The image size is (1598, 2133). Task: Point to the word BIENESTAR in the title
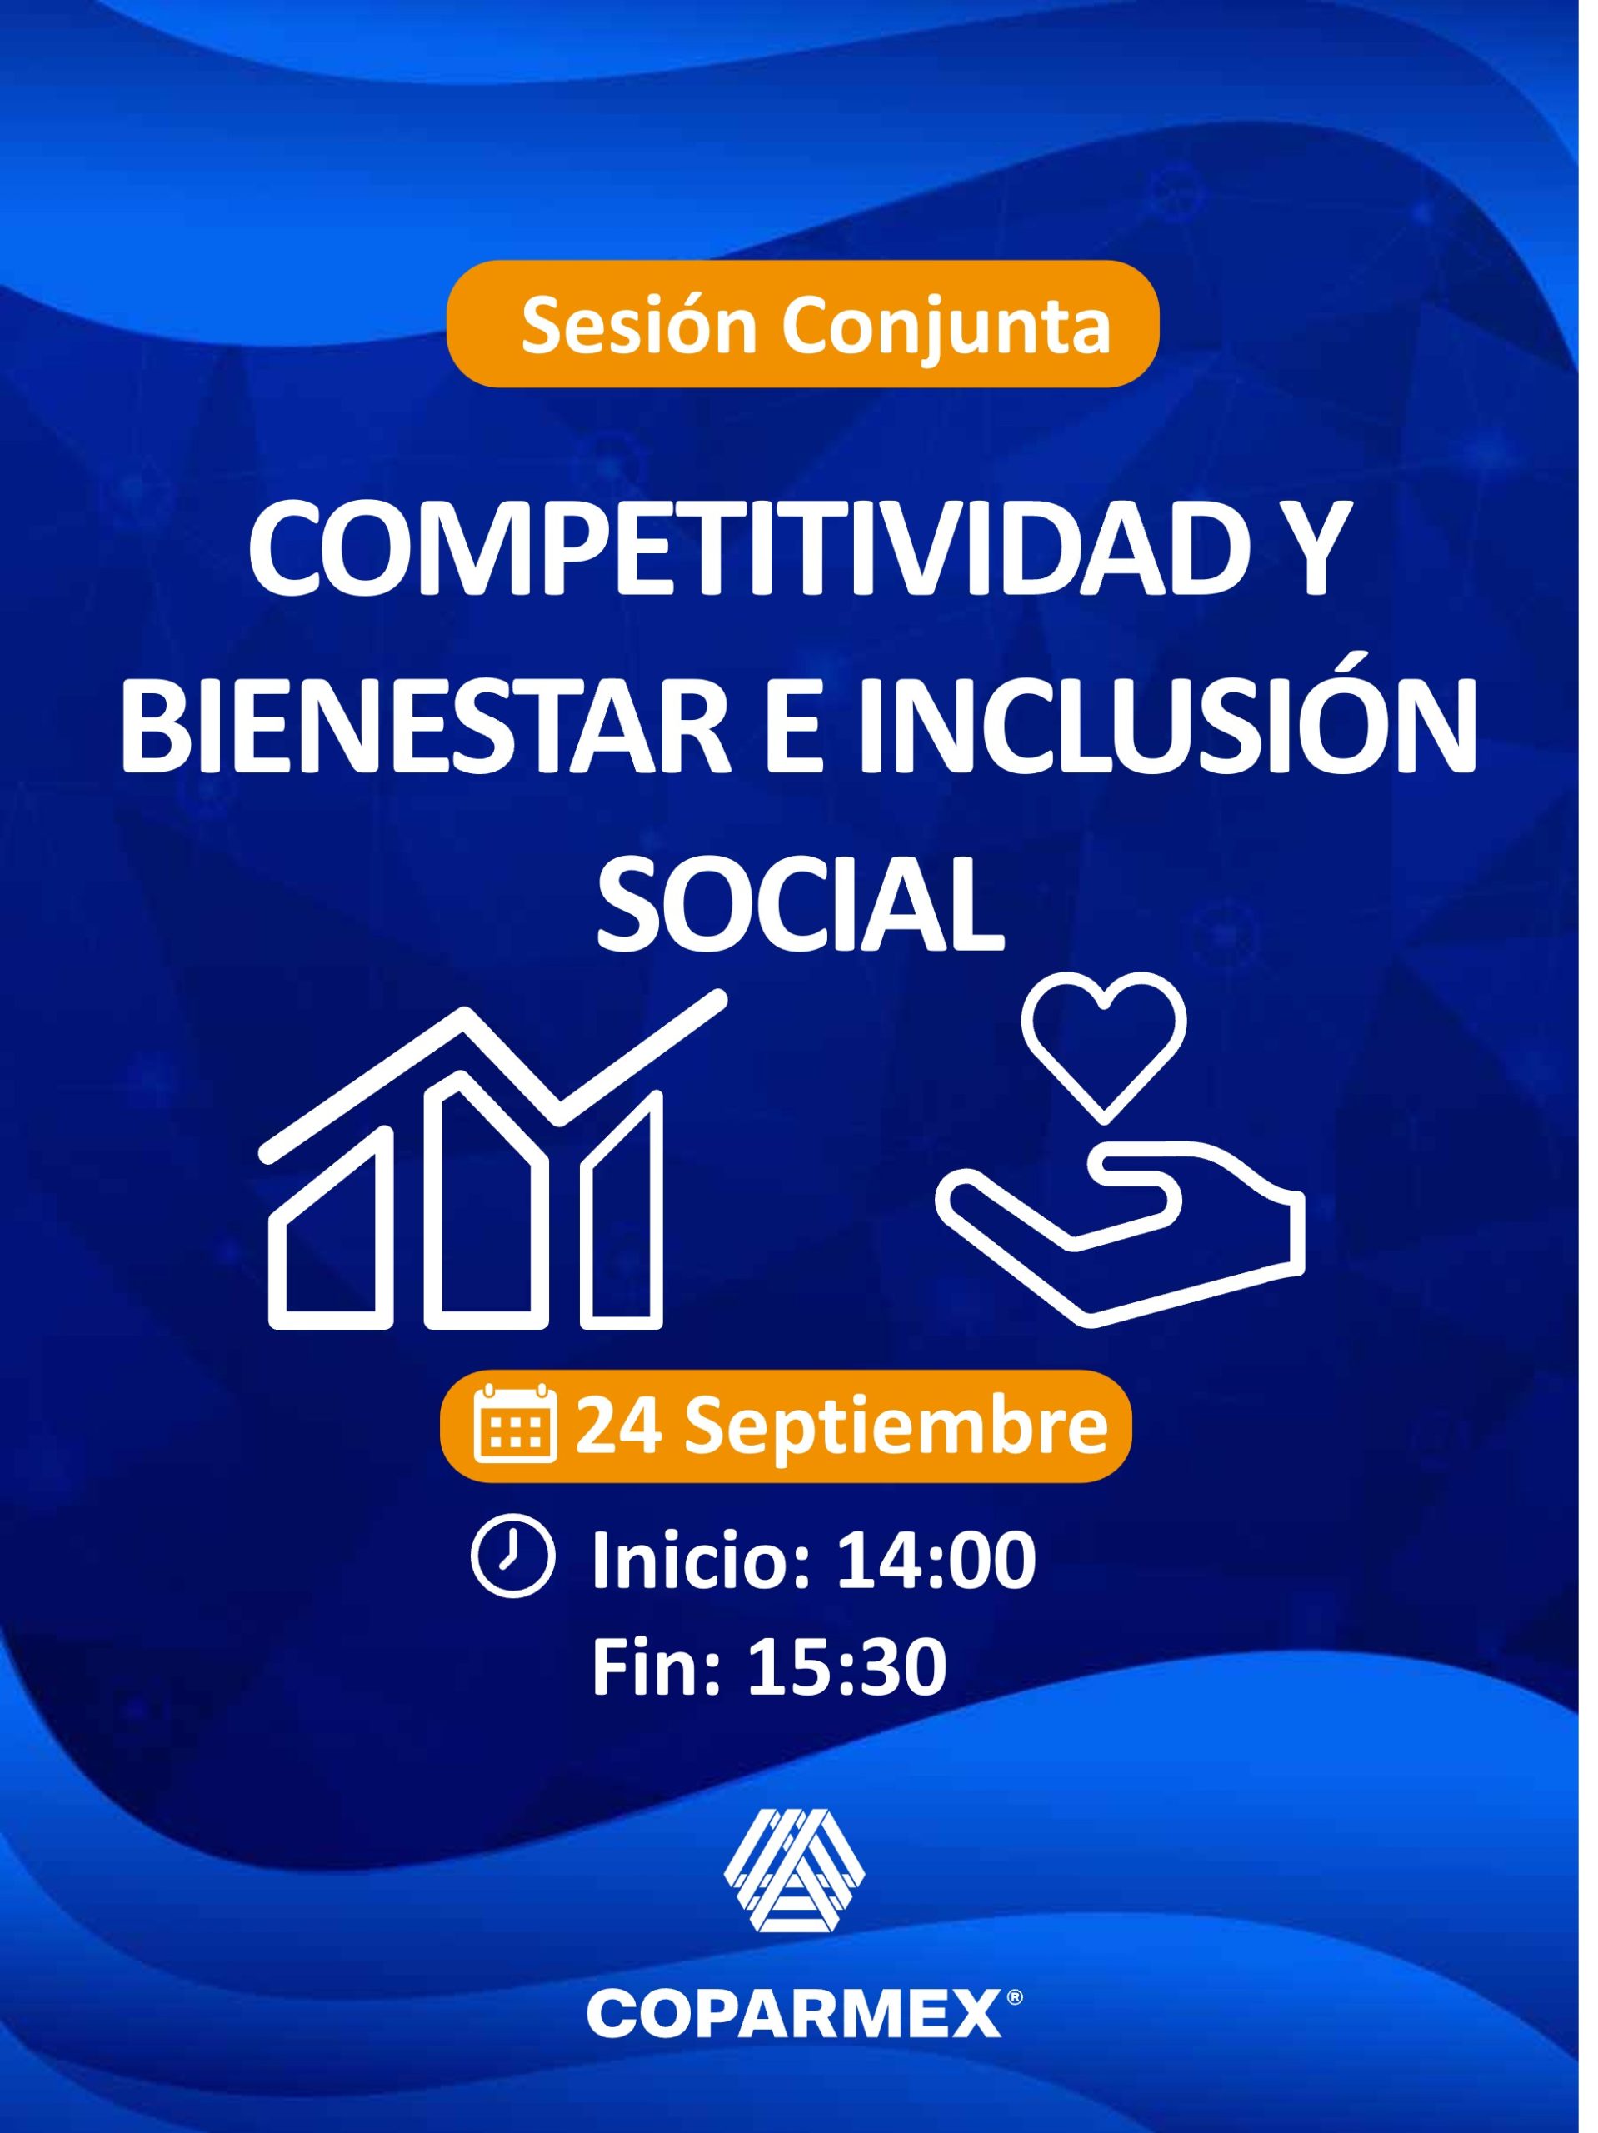point(421,732)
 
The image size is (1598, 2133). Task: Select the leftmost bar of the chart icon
point(331,1228)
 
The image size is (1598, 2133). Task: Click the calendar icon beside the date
point(517,1423)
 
